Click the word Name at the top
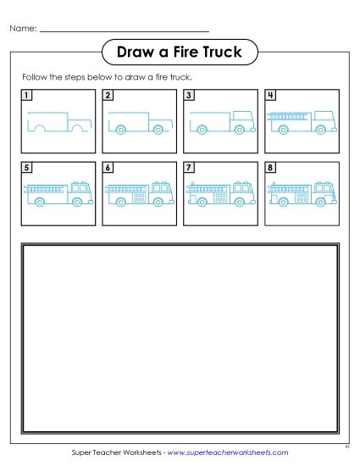(23, 28)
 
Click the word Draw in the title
(131, 53)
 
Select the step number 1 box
(28, 95)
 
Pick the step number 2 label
(108, 95)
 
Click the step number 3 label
(189, 95)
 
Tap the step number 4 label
(269, 95)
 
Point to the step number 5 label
(28, 168)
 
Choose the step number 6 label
(108, 168)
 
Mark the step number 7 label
(189, 168)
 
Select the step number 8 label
(269, 168)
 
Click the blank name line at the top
(123, 31)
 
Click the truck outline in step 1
(57, 122)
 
